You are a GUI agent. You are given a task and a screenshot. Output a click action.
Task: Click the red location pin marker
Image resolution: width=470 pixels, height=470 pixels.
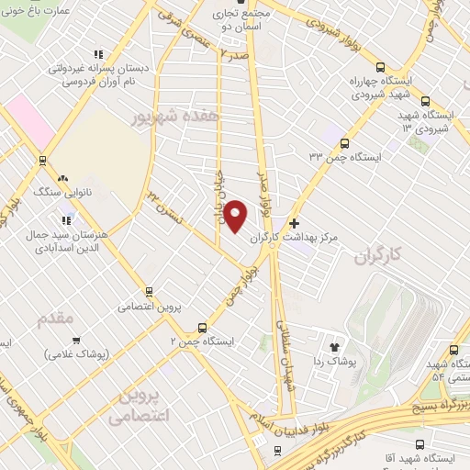coord(236,216)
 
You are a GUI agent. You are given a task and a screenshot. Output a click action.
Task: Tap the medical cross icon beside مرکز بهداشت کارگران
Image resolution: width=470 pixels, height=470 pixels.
coord(294,223)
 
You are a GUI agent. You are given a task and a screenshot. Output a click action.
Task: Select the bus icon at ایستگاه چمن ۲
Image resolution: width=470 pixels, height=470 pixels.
coord(202,328)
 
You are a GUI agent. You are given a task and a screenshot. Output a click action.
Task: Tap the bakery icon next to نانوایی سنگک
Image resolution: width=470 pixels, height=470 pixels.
coord(62,178)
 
